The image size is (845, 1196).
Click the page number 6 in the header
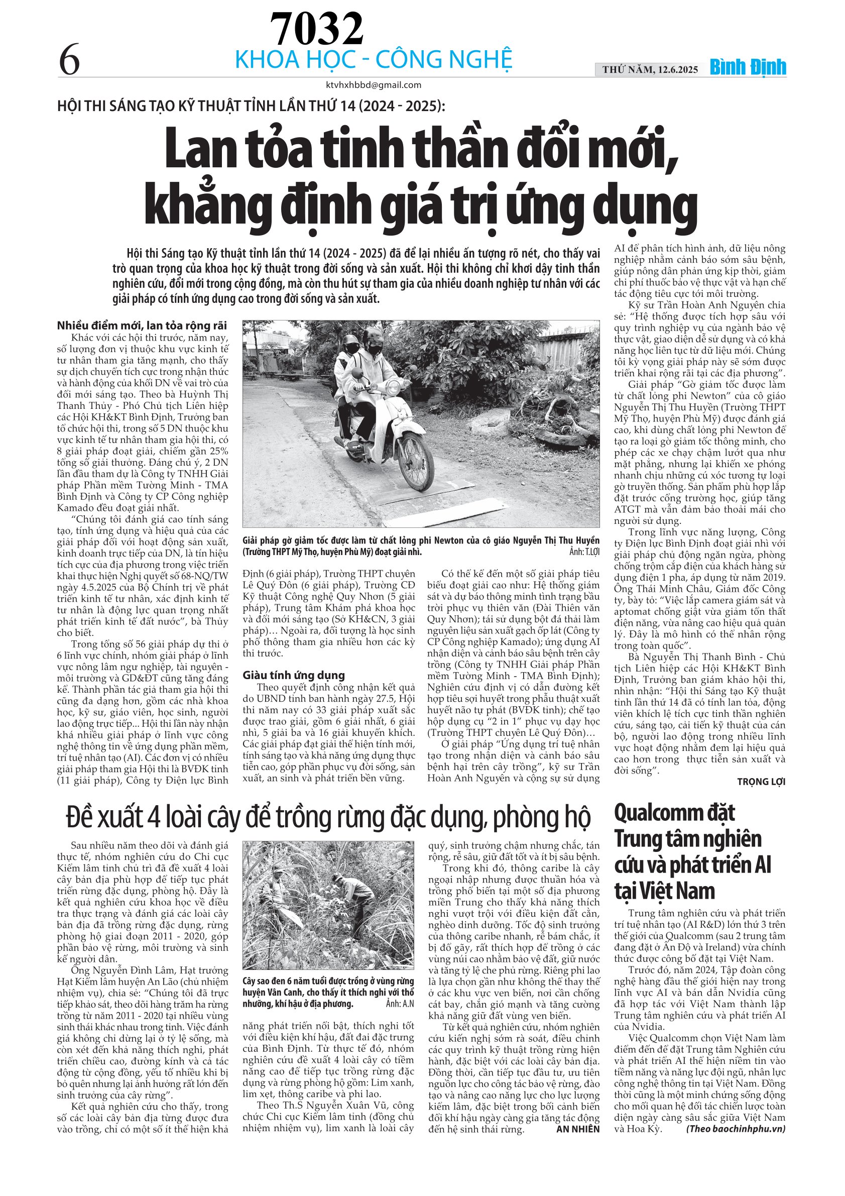[69, 60]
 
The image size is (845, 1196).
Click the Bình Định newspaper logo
[748, 68]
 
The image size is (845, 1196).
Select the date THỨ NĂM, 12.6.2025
[650, 70]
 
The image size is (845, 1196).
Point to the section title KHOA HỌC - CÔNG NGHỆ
[374, 60]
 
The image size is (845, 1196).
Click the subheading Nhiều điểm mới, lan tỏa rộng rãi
[142, 325]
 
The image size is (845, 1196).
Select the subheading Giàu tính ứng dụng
[294, 675]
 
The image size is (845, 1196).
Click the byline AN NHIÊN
[577, 1129]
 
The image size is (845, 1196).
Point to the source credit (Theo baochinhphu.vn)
[735, 1129]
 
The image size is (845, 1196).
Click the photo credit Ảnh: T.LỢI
[584, 552]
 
